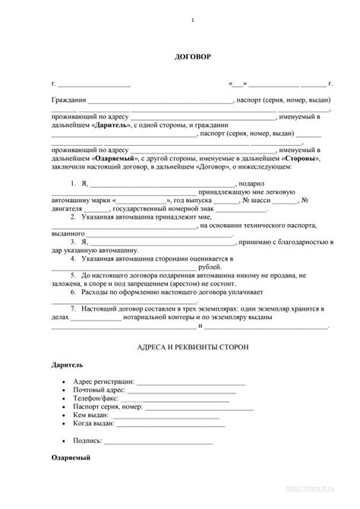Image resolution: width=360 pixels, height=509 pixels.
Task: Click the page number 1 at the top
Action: [x=192, y=21]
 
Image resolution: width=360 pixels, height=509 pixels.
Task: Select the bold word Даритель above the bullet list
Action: [x=67, y=365]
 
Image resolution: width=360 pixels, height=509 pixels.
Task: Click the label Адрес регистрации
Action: [x=106, y=381]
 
